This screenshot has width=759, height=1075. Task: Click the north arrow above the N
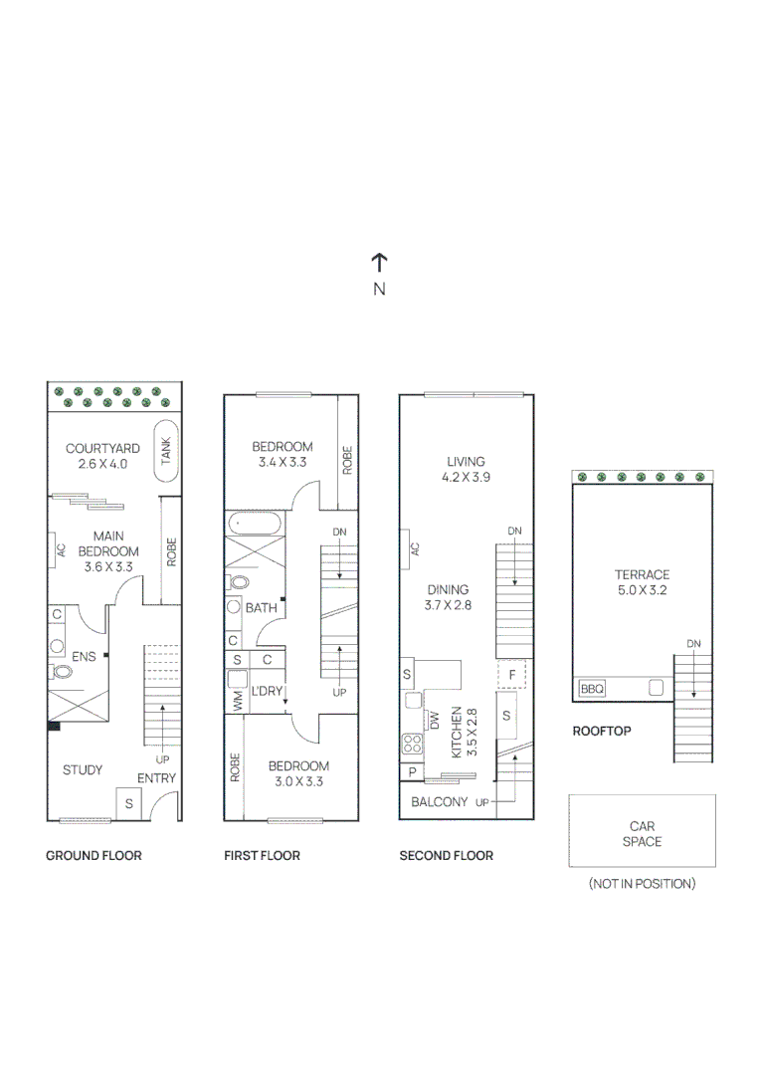pos(379,262)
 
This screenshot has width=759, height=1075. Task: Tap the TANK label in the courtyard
pos(166,450)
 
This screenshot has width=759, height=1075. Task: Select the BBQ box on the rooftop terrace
pos(592,688)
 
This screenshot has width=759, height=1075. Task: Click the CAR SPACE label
pos(642,834)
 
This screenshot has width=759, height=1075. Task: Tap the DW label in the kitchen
pos(434,720)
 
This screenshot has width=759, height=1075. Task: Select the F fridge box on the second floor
pos(511,674)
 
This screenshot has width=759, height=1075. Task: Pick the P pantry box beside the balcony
pos(411,772)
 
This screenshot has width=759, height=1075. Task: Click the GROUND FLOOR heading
pos(94,855)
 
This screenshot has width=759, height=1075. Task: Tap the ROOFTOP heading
pos(602,731)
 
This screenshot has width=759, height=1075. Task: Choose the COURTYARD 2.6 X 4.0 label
pos(102,456)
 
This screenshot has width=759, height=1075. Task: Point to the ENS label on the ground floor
pos(84,657)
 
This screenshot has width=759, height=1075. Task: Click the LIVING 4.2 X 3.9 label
pos(466,469)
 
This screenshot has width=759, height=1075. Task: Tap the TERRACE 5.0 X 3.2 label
pos(642,582)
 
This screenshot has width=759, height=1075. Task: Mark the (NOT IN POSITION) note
pos(642,883)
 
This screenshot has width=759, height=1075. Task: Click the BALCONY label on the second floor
pos(439,801)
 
